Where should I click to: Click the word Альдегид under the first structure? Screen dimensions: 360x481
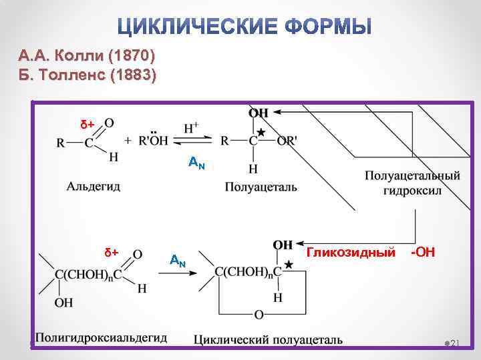click(x=94, y=186)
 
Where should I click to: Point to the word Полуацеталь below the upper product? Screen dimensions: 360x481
click(x=261, y=187)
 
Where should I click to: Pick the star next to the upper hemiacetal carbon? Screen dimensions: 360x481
click(x=261, y=133)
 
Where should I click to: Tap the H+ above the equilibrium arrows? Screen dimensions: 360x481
click(x=190, y=127)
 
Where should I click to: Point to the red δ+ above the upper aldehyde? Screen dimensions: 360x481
click(x=88, y=125)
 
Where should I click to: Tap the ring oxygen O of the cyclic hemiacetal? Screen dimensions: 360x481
click(x=259, y=314)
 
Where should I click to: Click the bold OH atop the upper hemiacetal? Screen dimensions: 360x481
click(x=259, y=114)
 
